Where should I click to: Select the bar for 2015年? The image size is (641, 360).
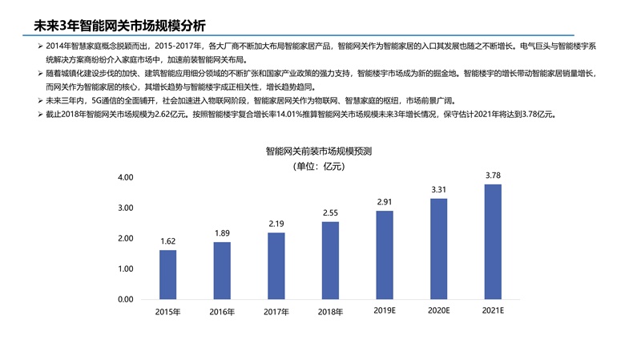167,274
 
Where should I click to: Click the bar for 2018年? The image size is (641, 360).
330,260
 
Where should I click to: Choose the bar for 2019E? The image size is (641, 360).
385,254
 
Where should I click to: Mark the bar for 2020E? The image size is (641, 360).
438,249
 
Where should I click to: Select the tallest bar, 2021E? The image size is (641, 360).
493,241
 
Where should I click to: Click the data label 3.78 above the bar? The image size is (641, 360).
493,175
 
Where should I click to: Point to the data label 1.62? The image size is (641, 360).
167,241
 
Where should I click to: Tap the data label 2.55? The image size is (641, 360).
330,212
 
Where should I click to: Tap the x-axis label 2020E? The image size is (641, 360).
438,309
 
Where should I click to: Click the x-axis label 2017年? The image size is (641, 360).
276,312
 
